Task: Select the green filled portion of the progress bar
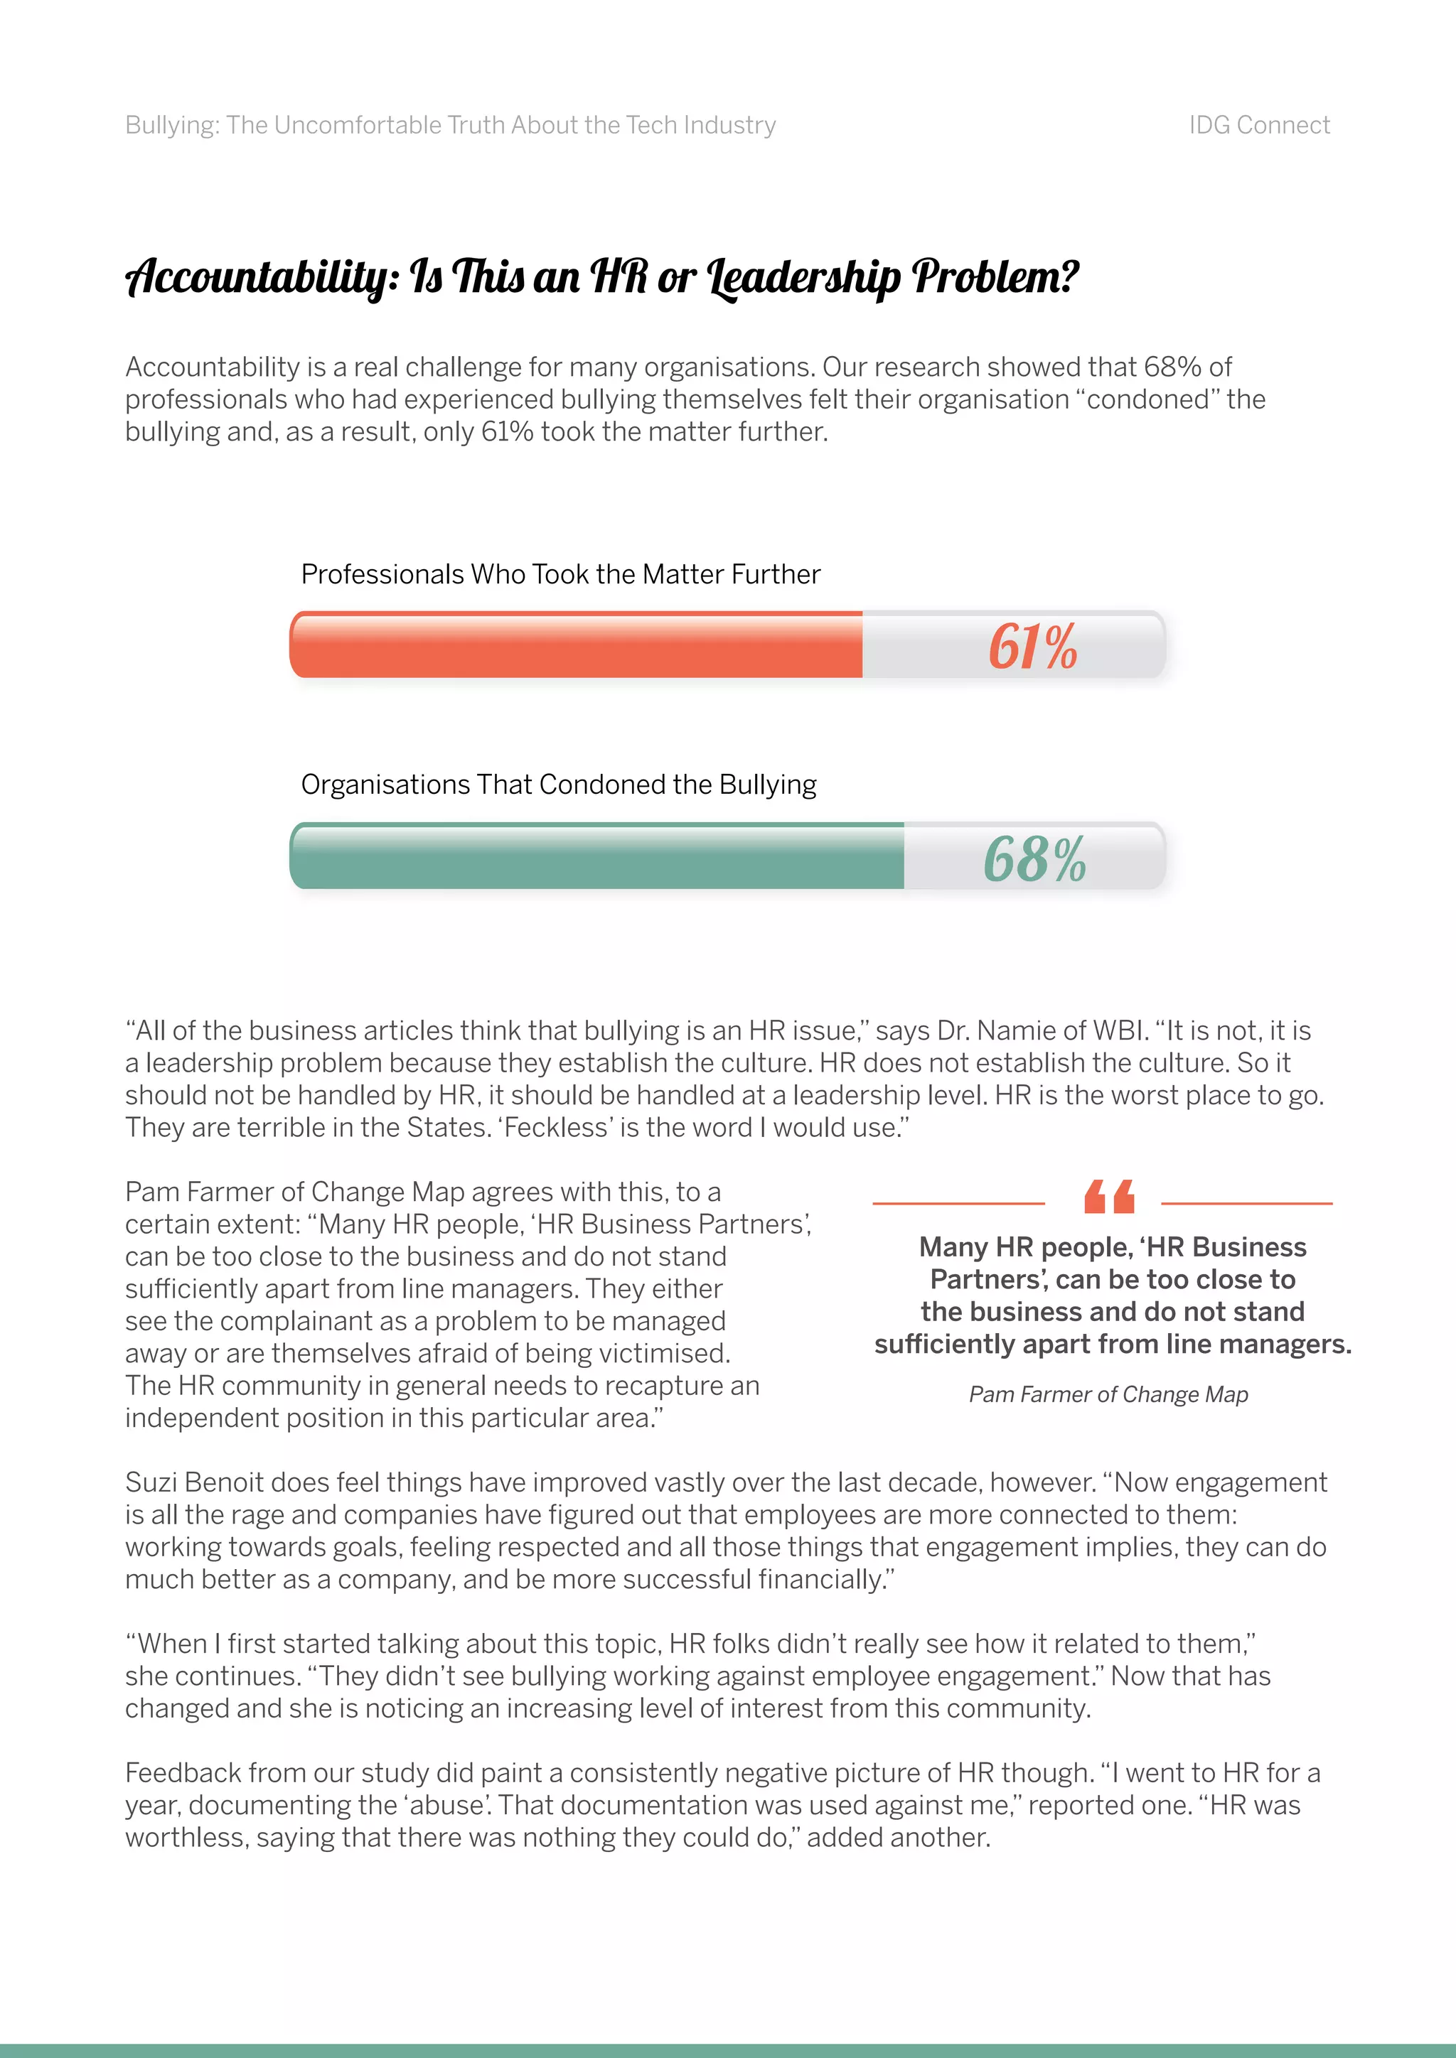[x=596, y=857]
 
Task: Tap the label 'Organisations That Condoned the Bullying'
[x=559, y=785]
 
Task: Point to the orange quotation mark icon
[x=1109, y=1197]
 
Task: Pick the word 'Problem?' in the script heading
[x=995, y=277]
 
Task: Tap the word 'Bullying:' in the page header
[x=172, y=126]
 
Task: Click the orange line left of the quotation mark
[x=958, y=1203]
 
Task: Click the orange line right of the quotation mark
[x=1246, y=1203]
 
